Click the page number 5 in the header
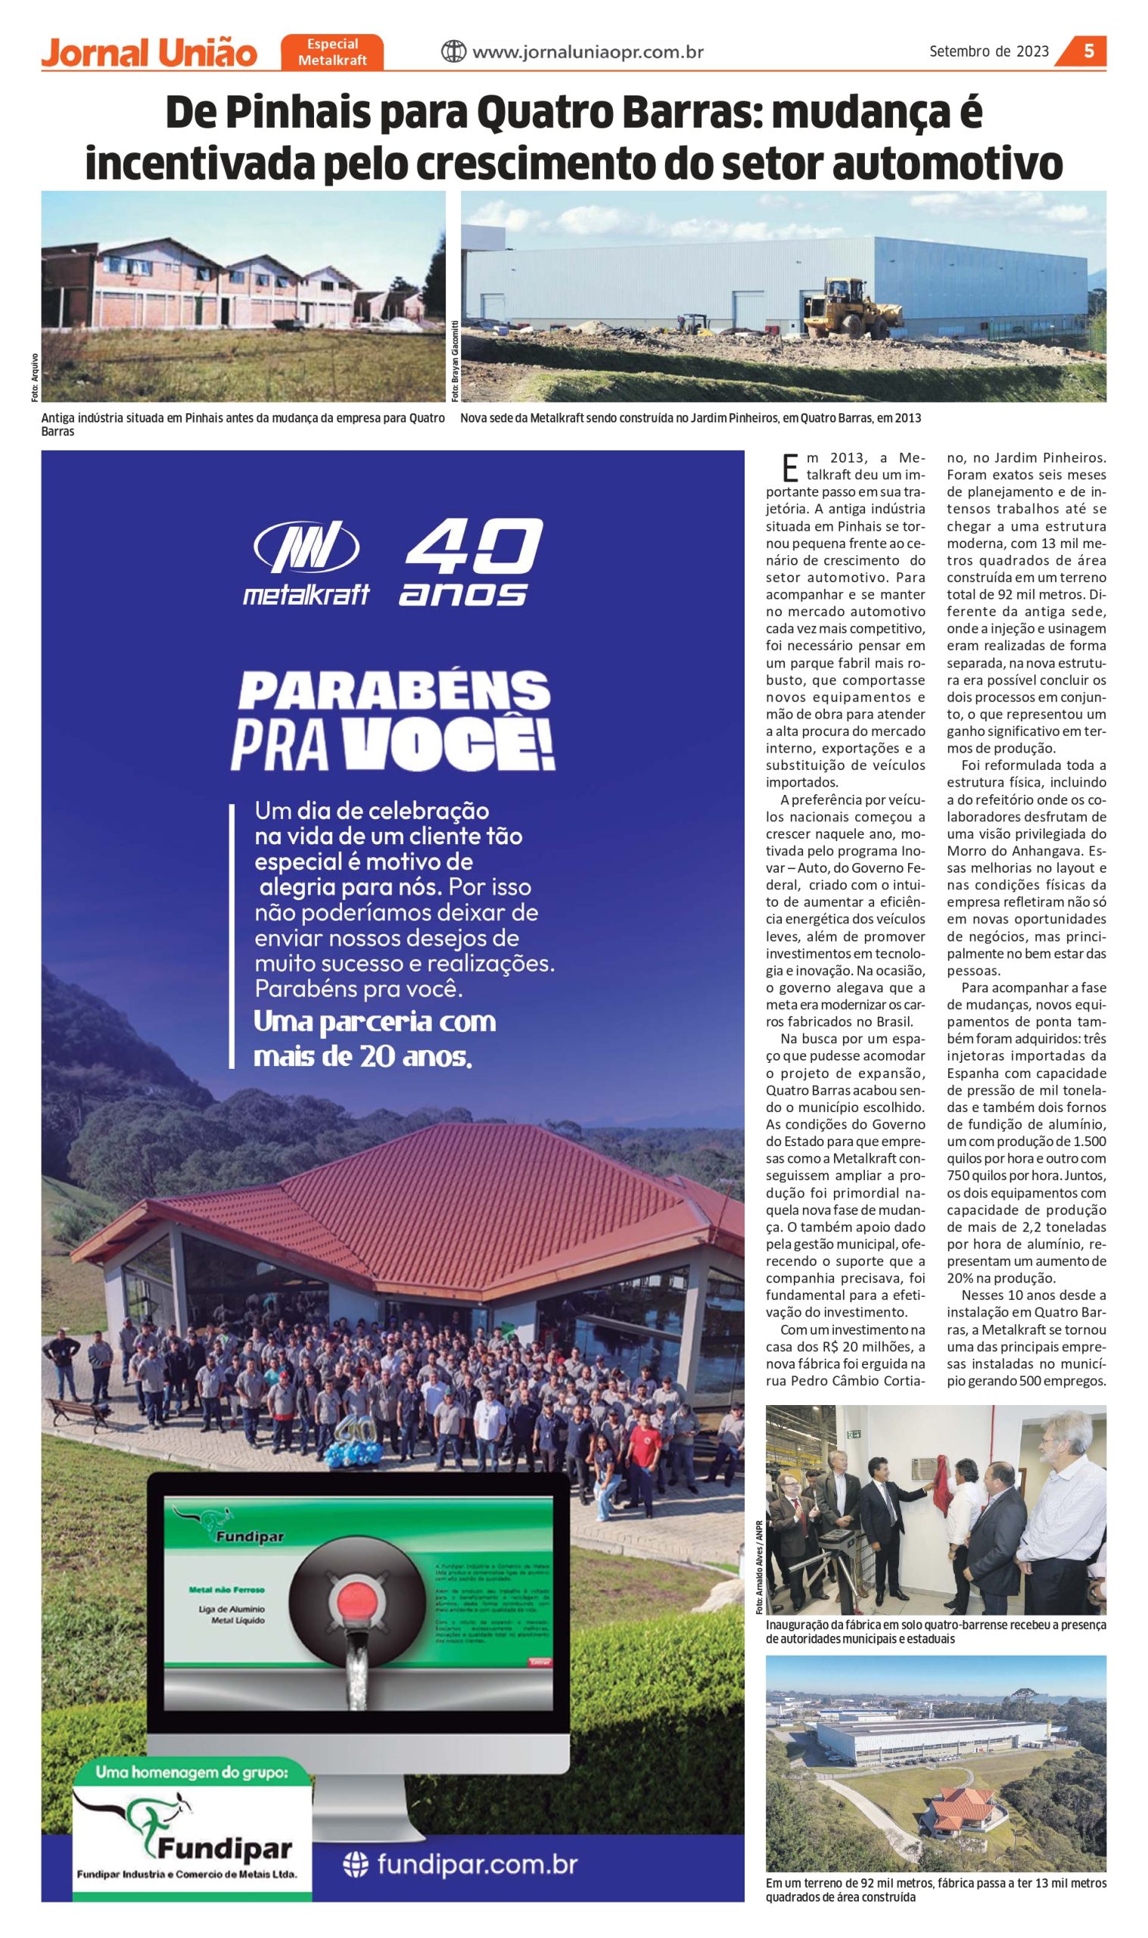pos(1088,51)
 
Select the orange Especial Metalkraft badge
pos(333,51)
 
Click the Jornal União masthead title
pos(148,54)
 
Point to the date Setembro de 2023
pos(988,51)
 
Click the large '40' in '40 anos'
pos(474,550)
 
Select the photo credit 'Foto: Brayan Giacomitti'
pos(455,360)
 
